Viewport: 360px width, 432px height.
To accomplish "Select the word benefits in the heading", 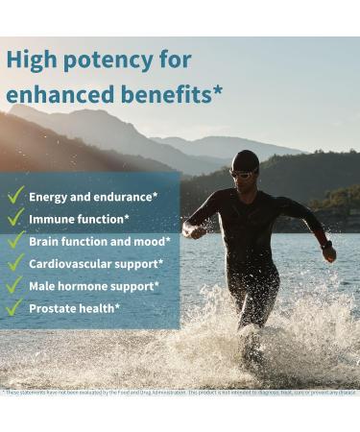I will (165, 95).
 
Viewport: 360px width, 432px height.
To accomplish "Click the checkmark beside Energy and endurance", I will (15, 196).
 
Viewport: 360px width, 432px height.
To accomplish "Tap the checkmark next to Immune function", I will (15, 219).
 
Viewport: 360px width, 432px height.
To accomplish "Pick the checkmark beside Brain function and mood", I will (15, 241).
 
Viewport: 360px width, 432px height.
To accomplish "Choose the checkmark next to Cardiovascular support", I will (15, 263).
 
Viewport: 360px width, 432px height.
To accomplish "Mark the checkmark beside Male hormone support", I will (15, 285).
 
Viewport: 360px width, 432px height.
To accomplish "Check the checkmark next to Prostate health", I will (15, 307).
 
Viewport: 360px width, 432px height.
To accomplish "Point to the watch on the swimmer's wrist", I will (327, 247).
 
